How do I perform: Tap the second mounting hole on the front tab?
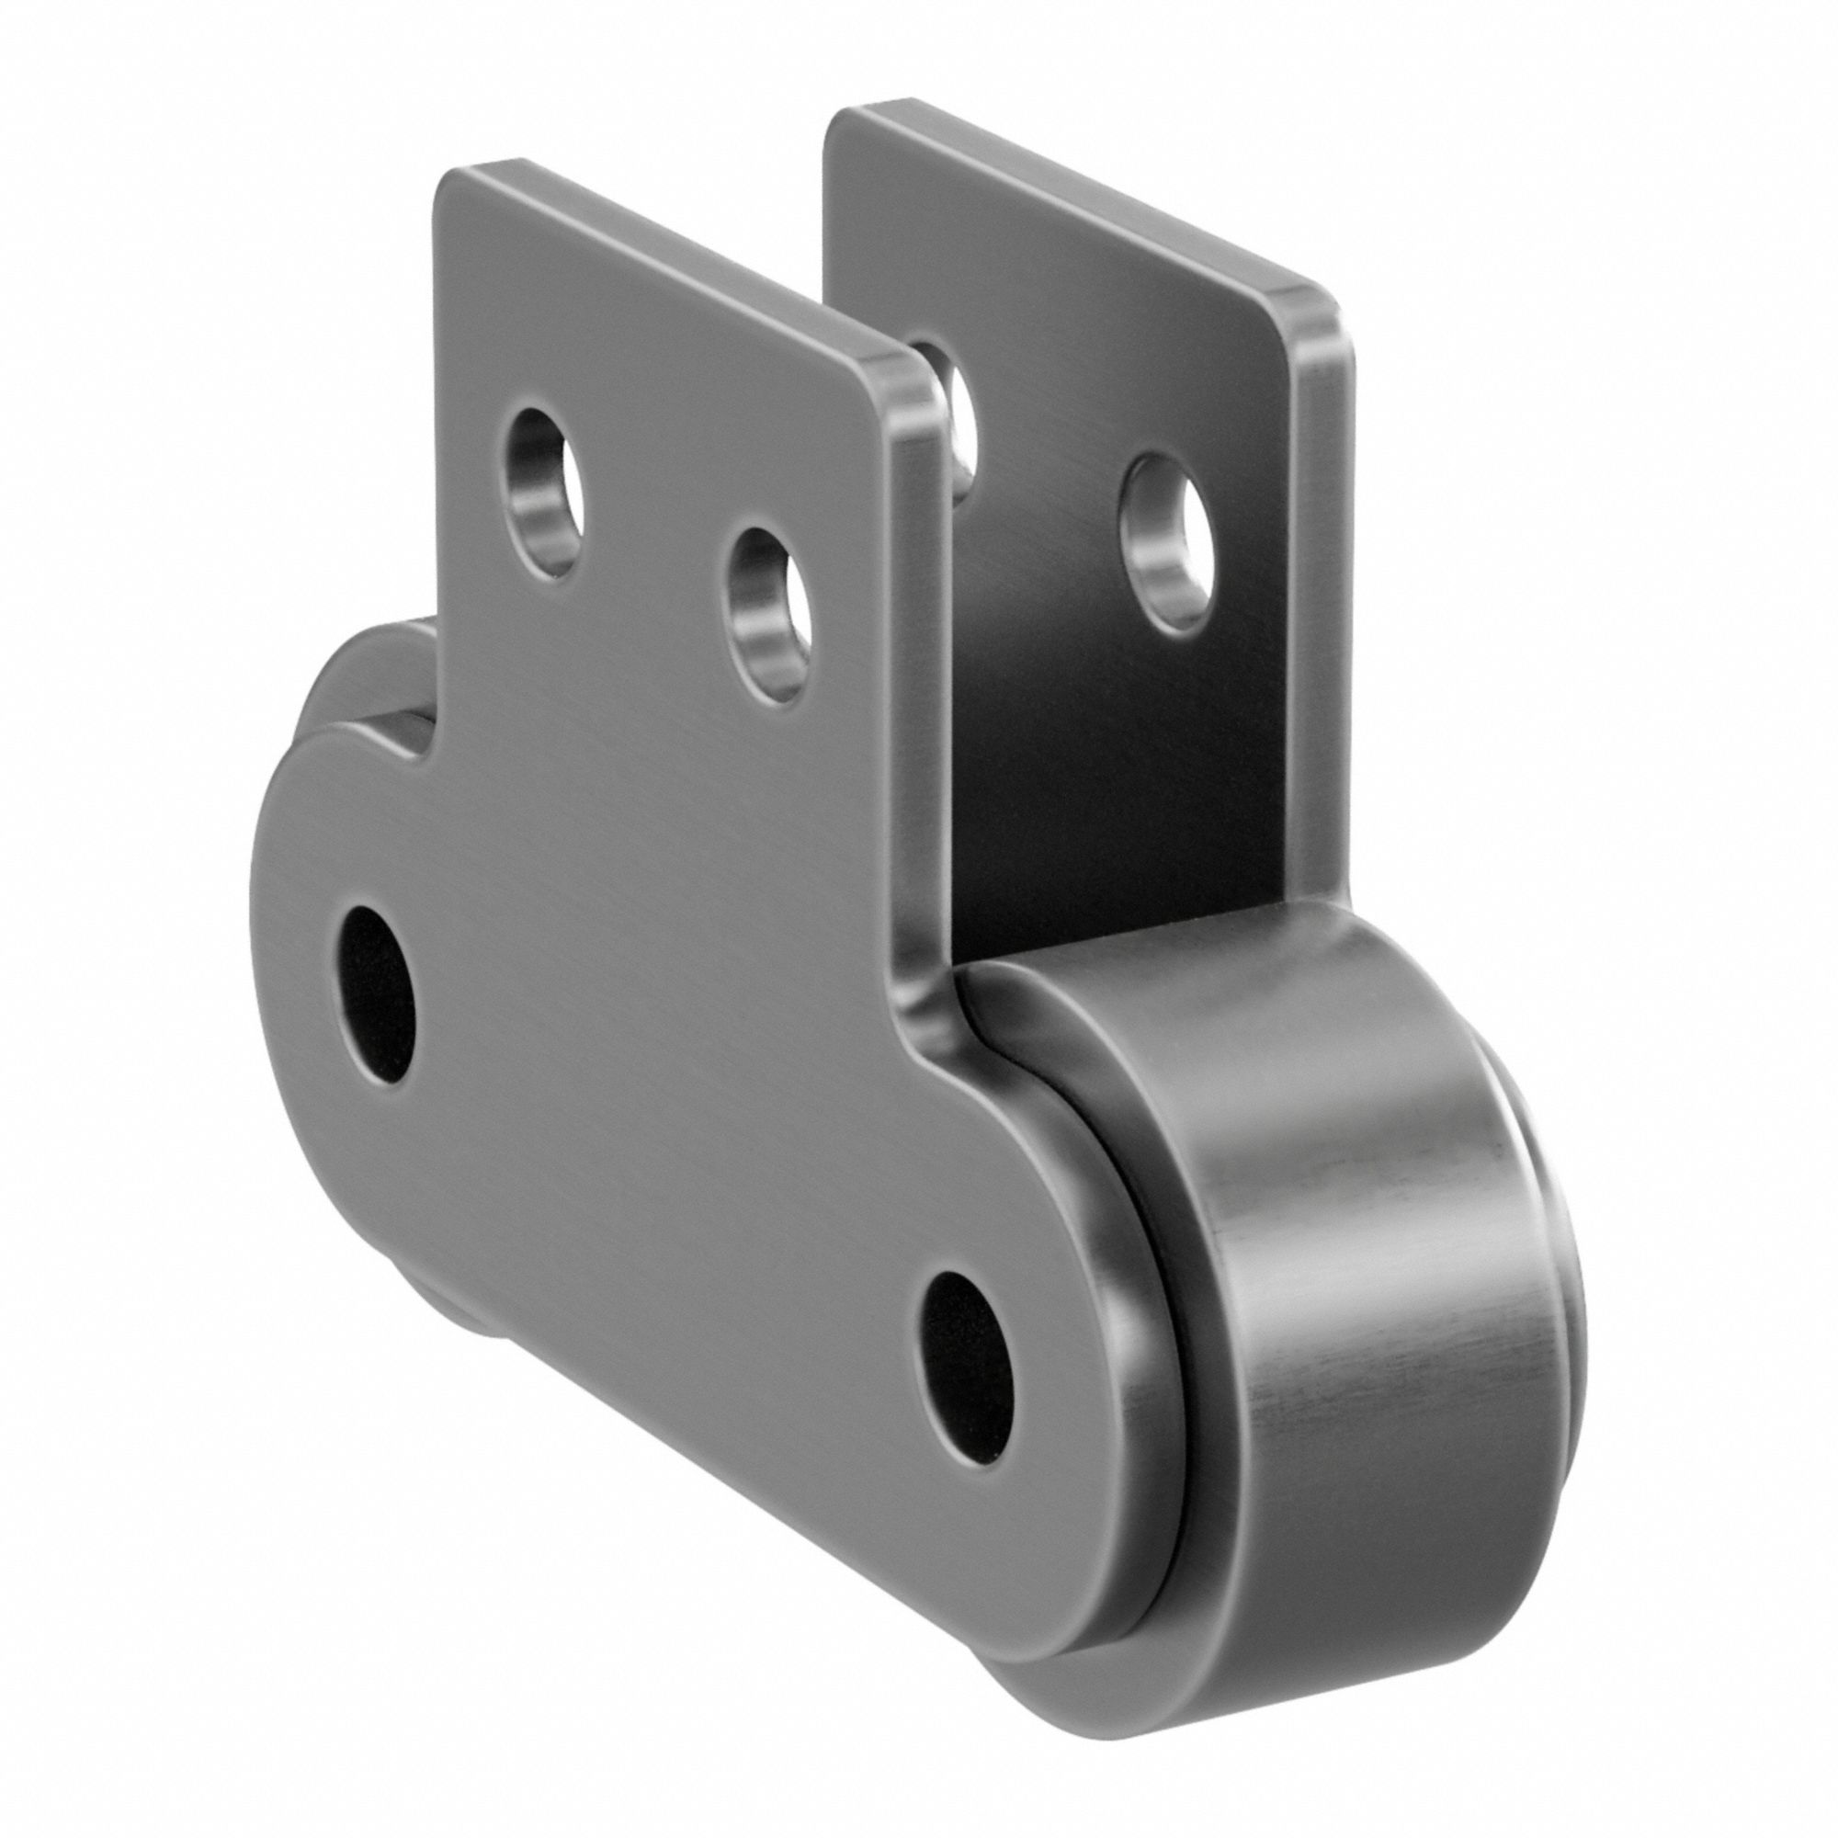pos(769,617)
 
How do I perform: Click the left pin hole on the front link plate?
pos(378,995)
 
